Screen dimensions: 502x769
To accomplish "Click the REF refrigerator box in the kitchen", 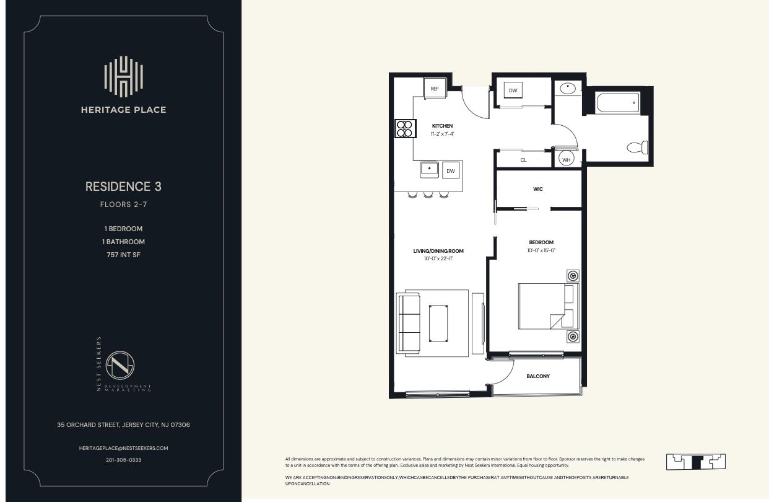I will (435, 89).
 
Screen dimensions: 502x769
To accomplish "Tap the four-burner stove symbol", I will (404, 128).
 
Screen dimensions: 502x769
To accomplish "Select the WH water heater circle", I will (566, 159).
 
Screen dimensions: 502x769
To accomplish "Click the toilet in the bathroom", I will (638, 148).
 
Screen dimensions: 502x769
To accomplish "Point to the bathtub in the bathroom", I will (617, 102).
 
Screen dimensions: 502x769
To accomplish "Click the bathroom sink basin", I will (568, 89).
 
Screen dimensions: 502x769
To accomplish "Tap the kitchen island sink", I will (429, 169).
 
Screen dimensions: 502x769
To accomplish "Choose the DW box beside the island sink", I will (451, 170).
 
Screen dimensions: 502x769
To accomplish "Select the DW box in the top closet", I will (513, 90).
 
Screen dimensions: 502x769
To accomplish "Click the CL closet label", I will (523, 160).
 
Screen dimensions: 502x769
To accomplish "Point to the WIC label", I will (537, 189).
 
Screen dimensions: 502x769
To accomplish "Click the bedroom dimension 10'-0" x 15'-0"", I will (541, 250).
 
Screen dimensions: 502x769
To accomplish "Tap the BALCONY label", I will (537, 376).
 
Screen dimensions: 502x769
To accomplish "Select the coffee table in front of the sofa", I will (438, 323).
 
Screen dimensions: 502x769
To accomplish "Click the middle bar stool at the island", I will (428, 195).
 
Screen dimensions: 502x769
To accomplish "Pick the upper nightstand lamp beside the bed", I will (573, 276).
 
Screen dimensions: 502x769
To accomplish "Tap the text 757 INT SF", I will (123, 255).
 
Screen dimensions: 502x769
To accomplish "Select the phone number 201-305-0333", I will (123, 460).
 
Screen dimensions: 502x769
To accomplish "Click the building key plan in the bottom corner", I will (695, 462).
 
